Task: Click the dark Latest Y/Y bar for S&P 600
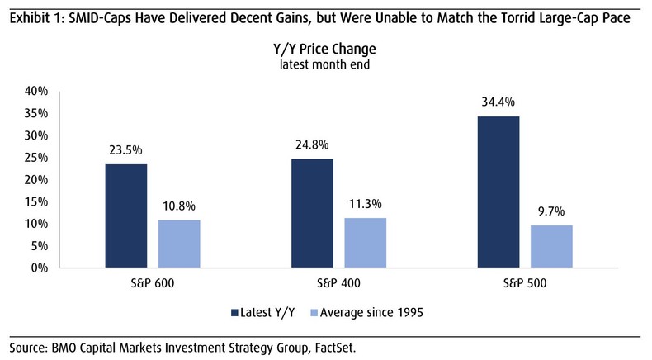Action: tap(125, 216)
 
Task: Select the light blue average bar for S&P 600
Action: tap(179, 244)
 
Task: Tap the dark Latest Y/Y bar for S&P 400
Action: tap(312, 213)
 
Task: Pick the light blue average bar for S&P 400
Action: tap(366, 243)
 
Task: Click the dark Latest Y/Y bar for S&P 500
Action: tap(498, 192)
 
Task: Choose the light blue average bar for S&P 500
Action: tap(552, 246)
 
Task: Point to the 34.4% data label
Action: tap(498, 102)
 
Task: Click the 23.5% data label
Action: tap(125, 150)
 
